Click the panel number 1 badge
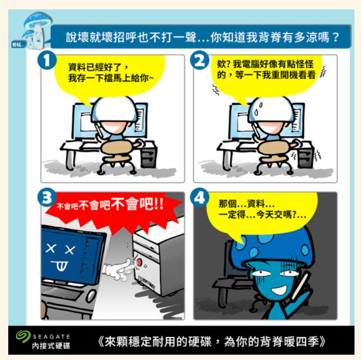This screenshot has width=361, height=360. click(47, 60)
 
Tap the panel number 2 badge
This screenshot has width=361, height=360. click(199, 60)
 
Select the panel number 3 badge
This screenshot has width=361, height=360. click(47, 197)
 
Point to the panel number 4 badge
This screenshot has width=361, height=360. click(199, 197)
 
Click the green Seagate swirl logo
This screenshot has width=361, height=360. click(23, 336)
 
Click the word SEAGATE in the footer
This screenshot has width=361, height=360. click(51, 337)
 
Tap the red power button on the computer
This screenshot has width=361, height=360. click(139, 262)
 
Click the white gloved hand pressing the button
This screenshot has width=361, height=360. click(117, 269)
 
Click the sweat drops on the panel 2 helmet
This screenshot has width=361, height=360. click(258, 109)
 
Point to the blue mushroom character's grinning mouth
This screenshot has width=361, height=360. click(279, 290)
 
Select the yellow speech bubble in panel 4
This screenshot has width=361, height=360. click(261, 213)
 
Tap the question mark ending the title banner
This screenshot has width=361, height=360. click(336, 37)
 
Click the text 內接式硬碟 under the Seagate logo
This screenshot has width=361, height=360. click(51, 345)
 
